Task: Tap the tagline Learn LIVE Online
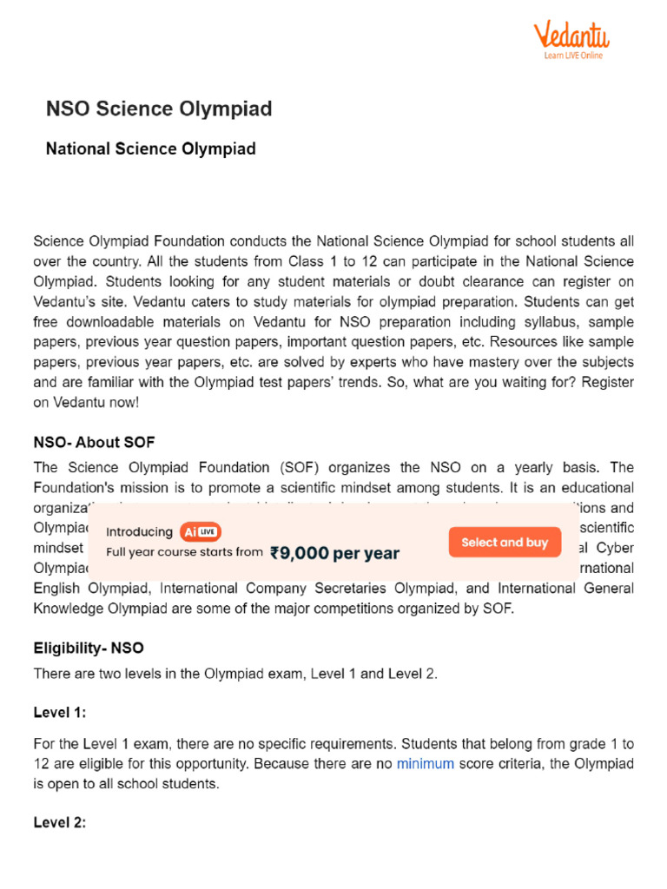pyautogui.click(x=573, y=56)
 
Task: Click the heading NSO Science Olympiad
pyautogui.click(x=159, y=109)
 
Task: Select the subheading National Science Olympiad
pyautogui.click(x=150, y=148)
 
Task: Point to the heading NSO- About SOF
pyautogui.click(x=94, y=443)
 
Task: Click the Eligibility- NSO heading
pyautogui.click(x=89, y=648)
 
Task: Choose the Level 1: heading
pyautogui.click(x=60, y=713)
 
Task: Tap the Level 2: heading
pyautogui.click(x=60, y=822)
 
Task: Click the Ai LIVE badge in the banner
pyautogui.click(x=201, y=532)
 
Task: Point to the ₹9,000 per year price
pyautogui.click(x=334, y=553)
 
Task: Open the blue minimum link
pyautogui.click(x=425, y=764)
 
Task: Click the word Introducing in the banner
pyautogui.click(x=140, y=532)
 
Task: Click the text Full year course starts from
pyautogui.click(x=184, y=551)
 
